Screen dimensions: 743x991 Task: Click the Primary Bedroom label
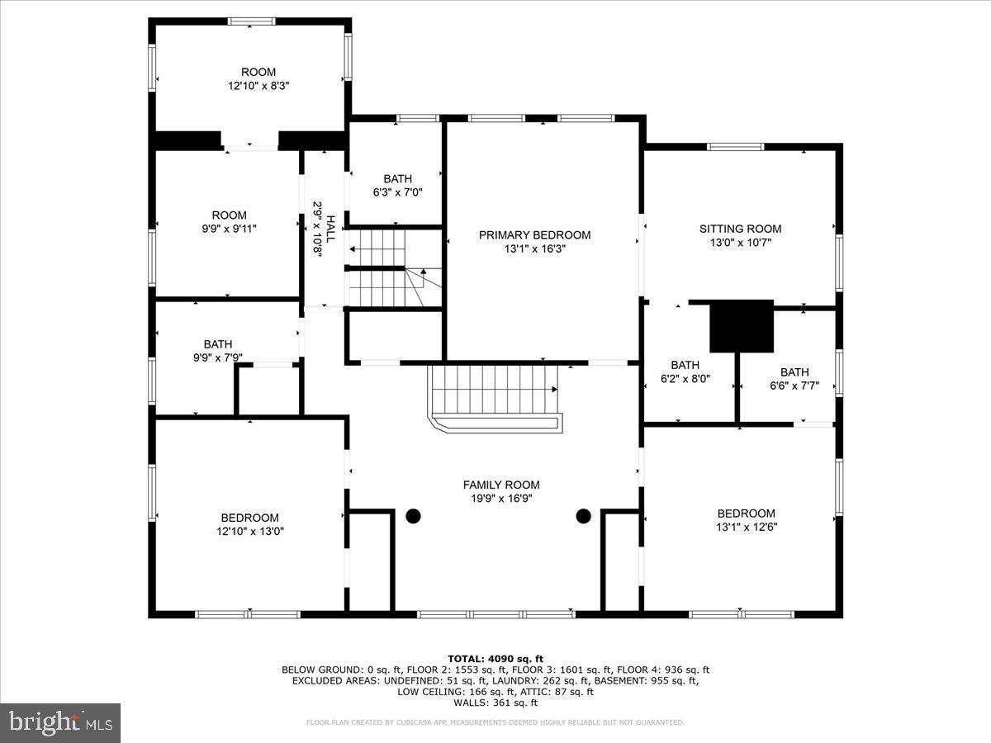point(534,234)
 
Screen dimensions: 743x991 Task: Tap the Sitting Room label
point(740,229)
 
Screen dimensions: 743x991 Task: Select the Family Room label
point(500,485)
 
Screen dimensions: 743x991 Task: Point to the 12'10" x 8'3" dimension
point(258,85)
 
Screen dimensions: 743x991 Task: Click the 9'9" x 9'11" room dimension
point(229,229)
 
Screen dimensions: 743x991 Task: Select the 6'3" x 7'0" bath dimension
point(397,192)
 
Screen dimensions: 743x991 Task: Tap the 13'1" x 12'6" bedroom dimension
point(746,527)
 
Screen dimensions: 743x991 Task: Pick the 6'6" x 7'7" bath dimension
point(794,386)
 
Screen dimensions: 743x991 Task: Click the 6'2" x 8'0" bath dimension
point(685,379)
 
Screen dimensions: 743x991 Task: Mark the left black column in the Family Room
point(413,517)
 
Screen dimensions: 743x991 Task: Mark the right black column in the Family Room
point(584,517)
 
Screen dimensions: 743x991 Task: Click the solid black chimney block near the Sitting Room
point(742,326)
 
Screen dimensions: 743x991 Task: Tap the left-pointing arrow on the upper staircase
point(354,247)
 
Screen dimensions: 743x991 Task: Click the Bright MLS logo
point(60,722)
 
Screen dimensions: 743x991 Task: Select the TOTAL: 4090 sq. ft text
point(495,658)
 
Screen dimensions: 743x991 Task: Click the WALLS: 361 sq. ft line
point(495,703)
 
